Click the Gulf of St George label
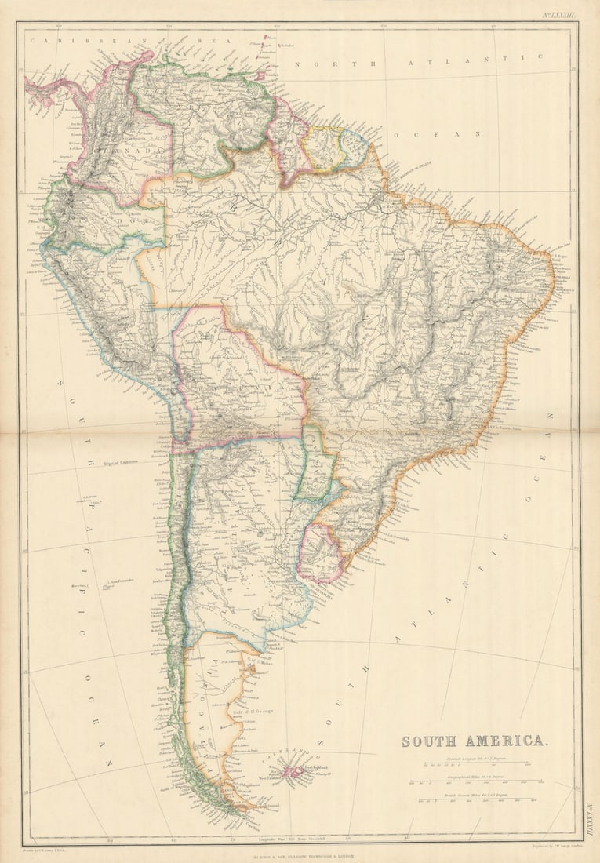click(252, 711)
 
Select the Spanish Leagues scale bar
click(477, 763)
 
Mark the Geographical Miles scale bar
click(477, 781)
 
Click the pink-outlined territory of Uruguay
click(319, 552)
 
